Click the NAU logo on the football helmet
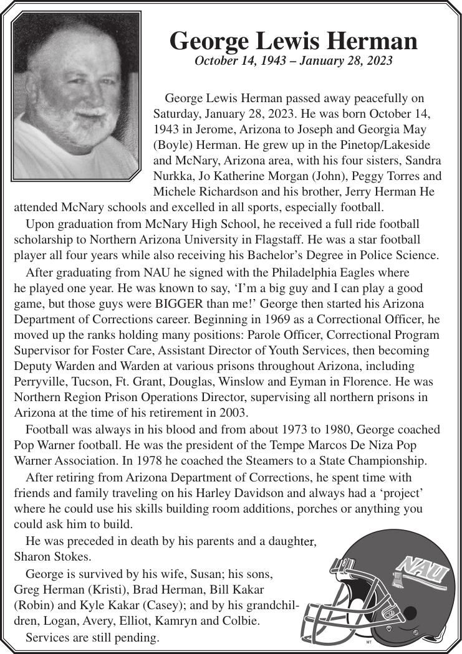(424, 570)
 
